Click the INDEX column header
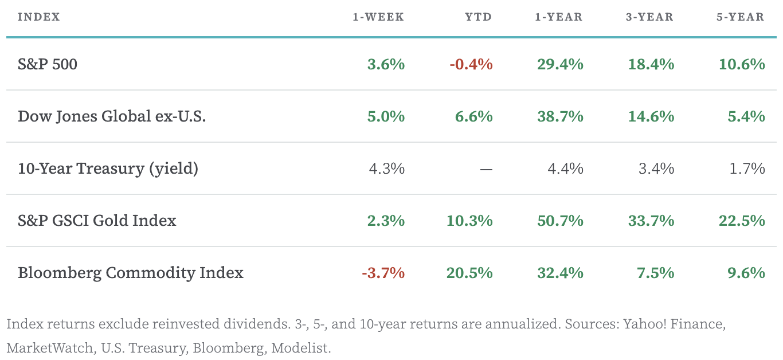(39, 17)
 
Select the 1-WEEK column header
(378, 17)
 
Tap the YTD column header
(478, 17)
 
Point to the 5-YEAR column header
(740, 17)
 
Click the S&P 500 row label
(48, 64)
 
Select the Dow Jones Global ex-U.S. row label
(112, 116)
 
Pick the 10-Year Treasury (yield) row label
(108, 169)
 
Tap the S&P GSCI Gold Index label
(97, 221)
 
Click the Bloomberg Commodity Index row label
(131, 273)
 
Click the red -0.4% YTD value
(471, 64)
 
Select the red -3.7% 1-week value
(383, 273)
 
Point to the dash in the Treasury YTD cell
(486, 169)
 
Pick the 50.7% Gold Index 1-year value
(560, 221)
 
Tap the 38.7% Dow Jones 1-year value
(560, 116)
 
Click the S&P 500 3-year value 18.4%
(651, 64)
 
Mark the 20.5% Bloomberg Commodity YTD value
(469, 273)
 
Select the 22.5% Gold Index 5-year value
(742, 221)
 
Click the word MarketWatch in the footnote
(49, 348)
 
